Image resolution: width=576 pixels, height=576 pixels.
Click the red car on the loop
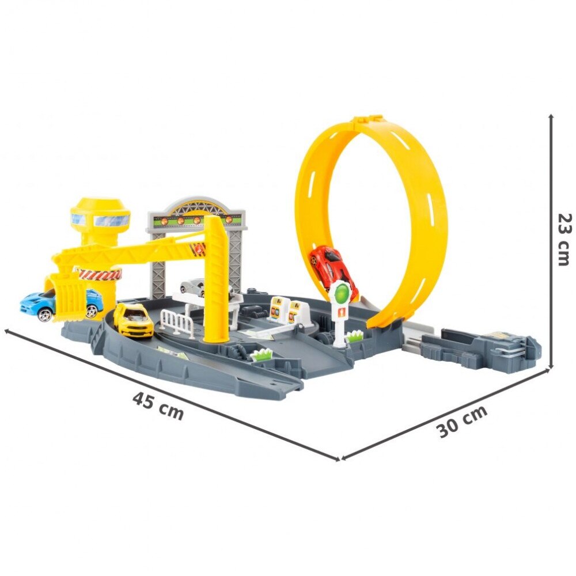[x=333, y=268]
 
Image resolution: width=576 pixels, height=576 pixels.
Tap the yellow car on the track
[x=133, y=320]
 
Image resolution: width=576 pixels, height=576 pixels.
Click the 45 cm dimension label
[x=158, y=406]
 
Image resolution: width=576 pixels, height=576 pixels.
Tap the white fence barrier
[x=178, y=321]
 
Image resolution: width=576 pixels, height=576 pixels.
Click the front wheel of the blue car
[x=46, y=314]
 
